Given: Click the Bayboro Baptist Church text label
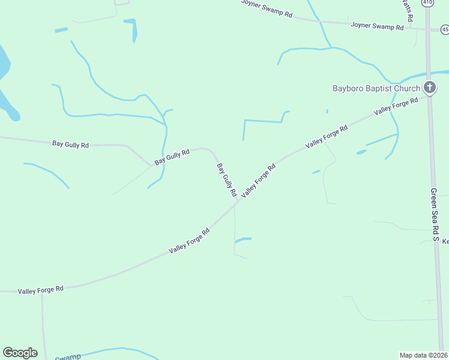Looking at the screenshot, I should tap(376, 89).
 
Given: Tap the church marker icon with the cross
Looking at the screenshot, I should tap(429, 88).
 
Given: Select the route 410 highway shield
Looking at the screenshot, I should tap(427, 2).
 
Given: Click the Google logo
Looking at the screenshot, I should tap(20, 353).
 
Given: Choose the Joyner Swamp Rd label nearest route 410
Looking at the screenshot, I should tap(377, 26).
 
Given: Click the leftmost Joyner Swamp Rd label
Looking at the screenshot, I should tap(267, 8).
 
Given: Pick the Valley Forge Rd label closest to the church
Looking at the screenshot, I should tap(396, 107).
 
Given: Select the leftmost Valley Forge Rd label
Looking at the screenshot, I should tap(41, 290).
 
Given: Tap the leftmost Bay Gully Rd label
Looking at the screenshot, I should tap(70, 144).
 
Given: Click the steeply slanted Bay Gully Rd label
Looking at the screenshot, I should tap(225, 180).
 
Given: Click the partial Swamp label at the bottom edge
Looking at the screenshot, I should tap(68, 357).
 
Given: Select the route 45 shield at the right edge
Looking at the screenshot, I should tap(445, 29).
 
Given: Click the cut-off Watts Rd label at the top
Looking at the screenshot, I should tap(408, 10).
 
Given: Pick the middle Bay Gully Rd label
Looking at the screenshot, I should tap(172, 157).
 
